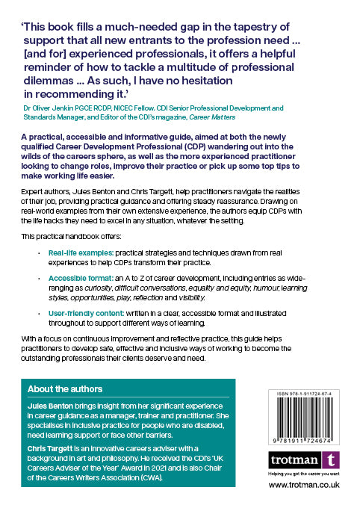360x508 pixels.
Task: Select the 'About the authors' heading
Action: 64,389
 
